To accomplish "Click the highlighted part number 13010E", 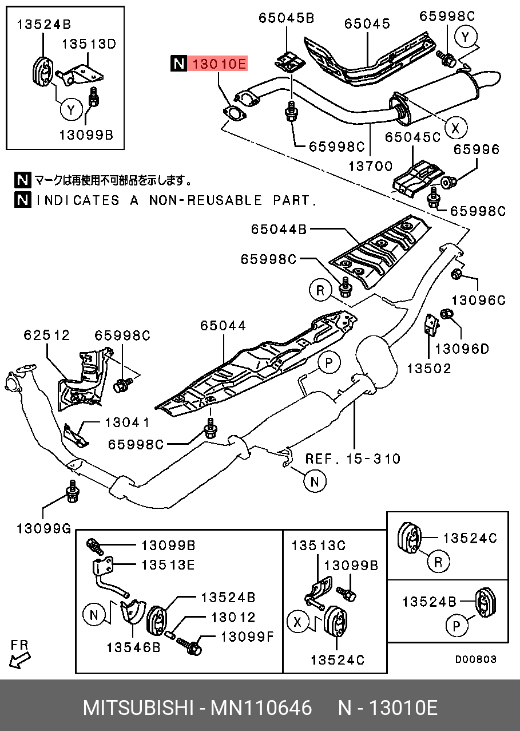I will click(x=219, y=64).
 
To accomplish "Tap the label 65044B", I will click(x=279, y=230).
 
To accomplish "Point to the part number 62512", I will click(x=46, y=334).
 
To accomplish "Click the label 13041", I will click(x=127, y=422).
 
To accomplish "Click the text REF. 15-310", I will click(x=352, y=458).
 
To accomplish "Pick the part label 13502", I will click(x=429, y=368).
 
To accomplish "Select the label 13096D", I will click(x=462, y=348).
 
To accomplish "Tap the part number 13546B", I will click(x=133, y=647).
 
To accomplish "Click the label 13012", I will click(x=233, y=618).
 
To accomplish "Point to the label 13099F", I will click(x=248, y=637).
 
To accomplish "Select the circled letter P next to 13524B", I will click(x=457, y=627).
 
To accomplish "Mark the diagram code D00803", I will click(x=475, y=659).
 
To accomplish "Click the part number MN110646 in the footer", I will click(x=261, y=708).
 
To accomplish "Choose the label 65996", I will click(x=477, y=150).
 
